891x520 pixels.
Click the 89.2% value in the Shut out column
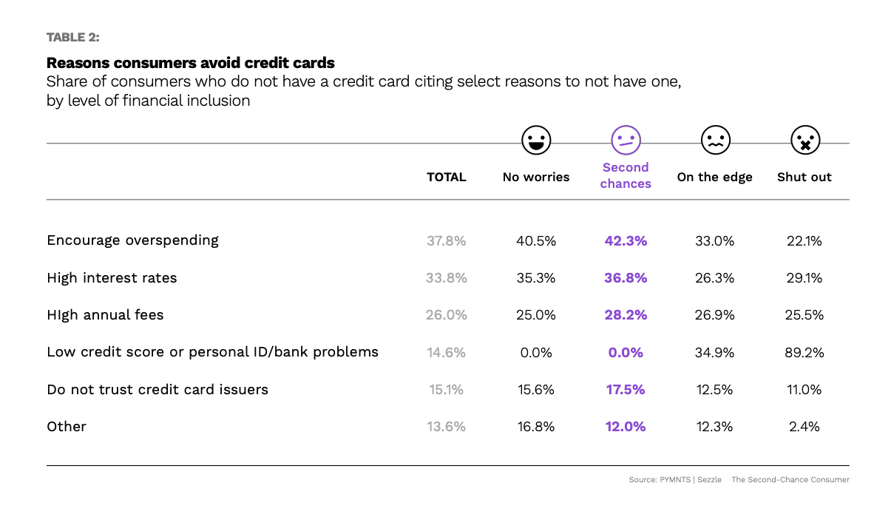point(804,352)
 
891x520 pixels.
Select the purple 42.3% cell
point(626,240)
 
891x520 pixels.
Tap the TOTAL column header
point(447,177)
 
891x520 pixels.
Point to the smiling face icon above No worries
point(536,139)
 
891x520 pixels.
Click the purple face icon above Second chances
point(626,139)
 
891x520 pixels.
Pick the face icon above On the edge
point(715,139)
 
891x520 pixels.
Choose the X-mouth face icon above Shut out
point(804,139)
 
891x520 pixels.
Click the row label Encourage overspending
point(133,240)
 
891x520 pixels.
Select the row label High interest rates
point(112,278)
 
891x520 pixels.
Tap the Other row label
point(67,427)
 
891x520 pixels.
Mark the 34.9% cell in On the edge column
point(715,352)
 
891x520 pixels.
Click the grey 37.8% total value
point(447,240)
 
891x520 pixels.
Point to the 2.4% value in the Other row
point(804,427)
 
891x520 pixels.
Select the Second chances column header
point(626,175)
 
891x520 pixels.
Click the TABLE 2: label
point(72,37)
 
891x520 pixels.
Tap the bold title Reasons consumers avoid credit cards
point(191,62)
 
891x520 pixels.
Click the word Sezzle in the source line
point(709,480)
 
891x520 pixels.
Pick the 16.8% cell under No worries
point(536,427)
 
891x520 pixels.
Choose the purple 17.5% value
point(626,389)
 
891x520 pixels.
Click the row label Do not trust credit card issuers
point(157,389)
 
